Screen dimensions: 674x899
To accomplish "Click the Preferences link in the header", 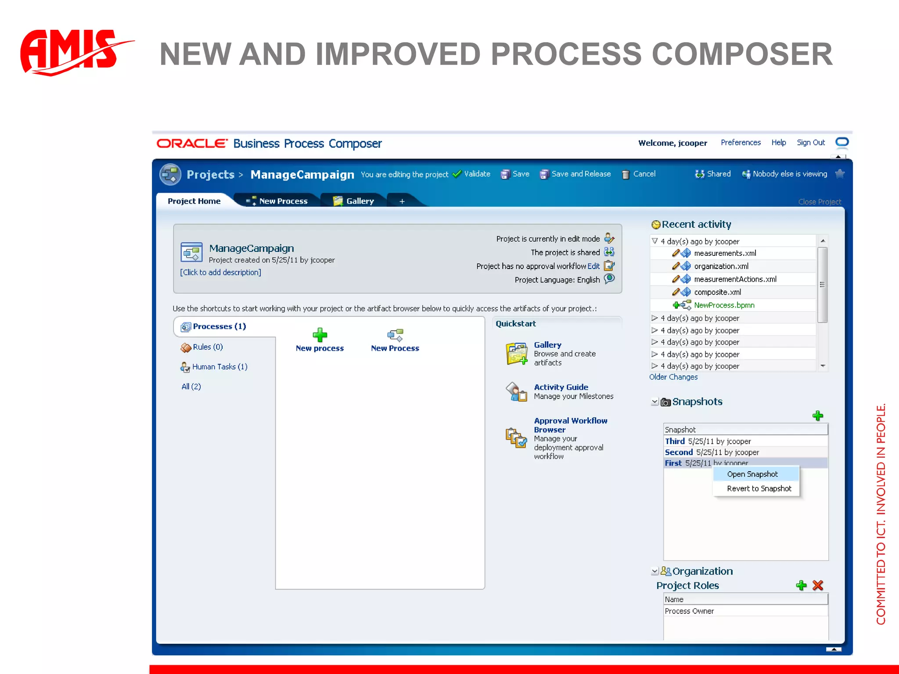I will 741,143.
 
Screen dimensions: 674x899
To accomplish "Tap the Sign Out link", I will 811,143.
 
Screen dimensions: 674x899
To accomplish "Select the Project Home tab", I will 194,201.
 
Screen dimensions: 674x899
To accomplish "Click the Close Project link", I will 820,202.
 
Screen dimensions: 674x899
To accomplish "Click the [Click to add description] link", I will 220,272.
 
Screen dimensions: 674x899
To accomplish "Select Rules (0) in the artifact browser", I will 208,347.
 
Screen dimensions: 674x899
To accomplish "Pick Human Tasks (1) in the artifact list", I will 219,367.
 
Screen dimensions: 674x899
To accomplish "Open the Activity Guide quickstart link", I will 561,387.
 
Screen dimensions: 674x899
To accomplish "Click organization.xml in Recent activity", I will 721,266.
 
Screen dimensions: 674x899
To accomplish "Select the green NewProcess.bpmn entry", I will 724,305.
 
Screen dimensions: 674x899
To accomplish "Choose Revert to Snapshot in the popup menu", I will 759,489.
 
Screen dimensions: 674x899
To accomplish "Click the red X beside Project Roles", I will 818,585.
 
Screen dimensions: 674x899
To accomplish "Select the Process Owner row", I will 689,611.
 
